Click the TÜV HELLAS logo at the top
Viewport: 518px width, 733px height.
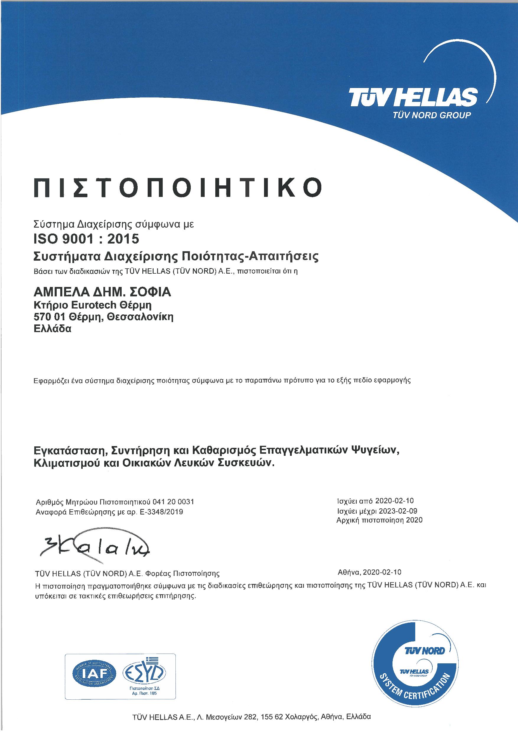pyautogui.click(x=413, y=97)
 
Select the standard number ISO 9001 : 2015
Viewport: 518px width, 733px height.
pyautogui.click(x=87, y=239)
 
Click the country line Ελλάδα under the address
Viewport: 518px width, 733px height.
pyautogui.click(x=52, y=329)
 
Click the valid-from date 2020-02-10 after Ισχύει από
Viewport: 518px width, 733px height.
pyautogui.click(x=395, y=501)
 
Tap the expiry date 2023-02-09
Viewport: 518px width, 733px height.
pyautogui.click(x=398, y=511)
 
